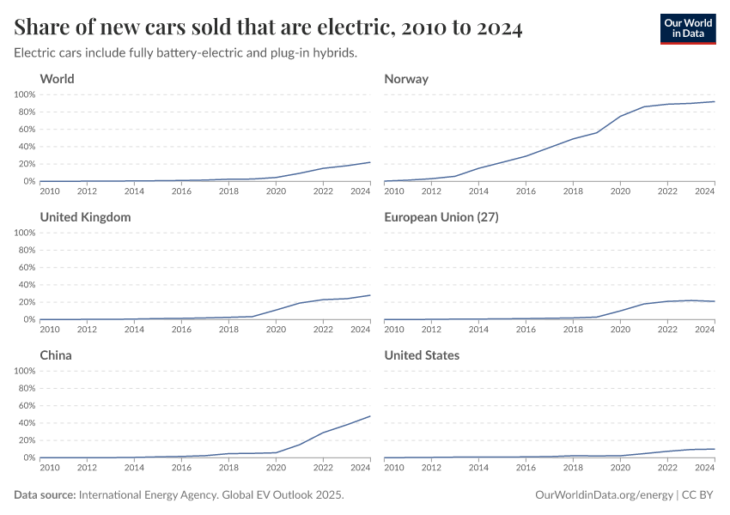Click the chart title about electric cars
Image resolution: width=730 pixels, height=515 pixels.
click(x=268, y=27)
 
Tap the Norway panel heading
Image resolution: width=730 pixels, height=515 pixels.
click(x=406, y=79)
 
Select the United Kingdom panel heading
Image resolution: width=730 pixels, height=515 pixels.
click(x=85, y=217)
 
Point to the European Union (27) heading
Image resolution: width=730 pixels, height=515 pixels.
click(x=441, y=217)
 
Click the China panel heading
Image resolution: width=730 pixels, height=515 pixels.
click(x=56, y=355)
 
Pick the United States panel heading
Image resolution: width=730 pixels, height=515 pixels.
click(x=422, y=355)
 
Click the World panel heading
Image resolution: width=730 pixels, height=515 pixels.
click(x=57, y=79)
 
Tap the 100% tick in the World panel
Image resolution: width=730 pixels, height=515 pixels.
click(x=24, y=94)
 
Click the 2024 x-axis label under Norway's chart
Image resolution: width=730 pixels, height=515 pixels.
click(x=704, y=191)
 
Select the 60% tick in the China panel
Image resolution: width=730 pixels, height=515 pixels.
click(x=26, y=406)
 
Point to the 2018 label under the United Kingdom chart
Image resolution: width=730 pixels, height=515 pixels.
click(x=228, y=329)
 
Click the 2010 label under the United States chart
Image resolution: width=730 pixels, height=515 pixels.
click(x=394, y=467)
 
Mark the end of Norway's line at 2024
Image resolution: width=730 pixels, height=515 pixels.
click(x=715, y=101)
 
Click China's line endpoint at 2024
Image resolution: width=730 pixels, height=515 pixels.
click(x=370, y=416)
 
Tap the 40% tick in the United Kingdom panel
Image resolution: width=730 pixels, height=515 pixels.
click(x=26, y=285)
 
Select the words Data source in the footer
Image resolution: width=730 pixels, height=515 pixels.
click(x=45, y=495)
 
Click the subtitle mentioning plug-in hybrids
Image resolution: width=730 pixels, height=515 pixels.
click(x=185, y=52)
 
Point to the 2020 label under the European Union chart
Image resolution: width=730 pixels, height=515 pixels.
click(x=619, y=329)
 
